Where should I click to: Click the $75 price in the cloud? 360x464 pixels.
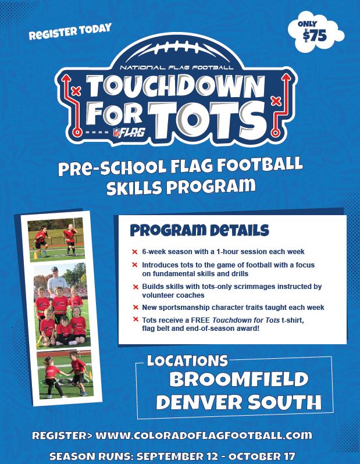pos(315,36)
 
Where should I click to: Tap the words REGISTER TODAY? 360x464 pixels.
pos(70,31)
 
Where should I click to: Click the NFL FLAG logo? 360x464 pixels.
pos(129,132)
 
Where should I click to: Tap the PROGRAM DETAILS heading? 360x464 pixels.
pos(199,230)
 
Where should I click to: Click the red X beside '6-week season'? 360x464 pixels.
pos(135,252)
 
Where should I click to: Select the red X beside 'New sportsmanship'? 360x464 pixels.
pos(136,308)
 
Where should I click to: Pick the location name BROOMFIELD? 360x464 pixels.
pos(239,379)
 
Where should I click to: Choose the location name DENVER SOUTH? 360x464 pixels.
pos(238,402)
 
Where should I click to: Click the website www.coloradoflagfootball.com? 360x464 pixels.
pos(204,436)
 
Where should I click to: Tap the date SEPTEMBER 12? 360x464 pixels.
pos(177,456)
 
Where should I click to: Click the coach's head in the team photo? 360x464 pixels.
pos(55,271)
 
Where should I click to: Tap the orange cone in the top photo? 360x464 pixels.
pos(35,255)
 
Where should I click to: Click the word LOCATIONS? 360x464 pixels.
pos(187,361)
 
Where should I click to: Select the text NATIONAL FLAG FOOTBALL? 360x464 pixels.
pos(176,67)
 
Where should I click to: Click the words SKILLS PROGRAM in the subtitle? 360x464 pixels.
pos(181,187)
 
